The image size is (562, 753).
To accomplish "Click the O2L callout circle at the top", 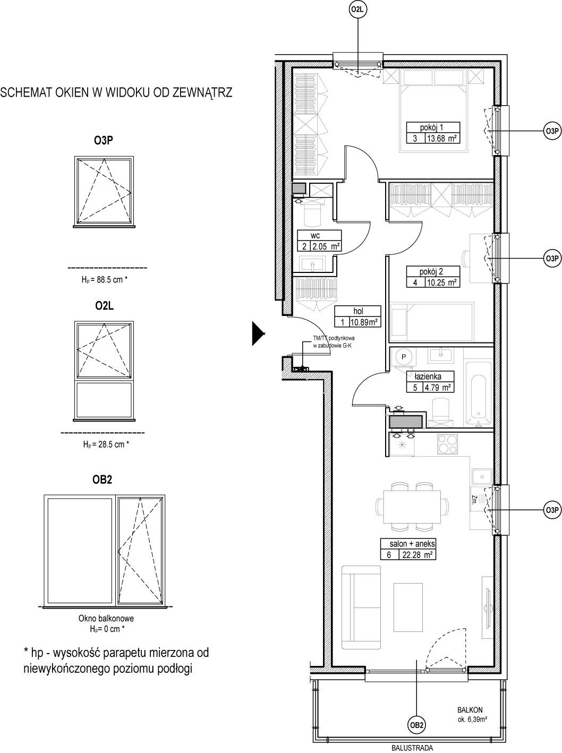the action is (x=358, y=10).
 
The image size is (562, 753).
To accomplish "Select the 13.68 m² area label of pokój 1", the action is (x=442, y=138).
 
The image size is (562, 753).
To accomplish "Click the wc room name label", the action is (x=315, y=236).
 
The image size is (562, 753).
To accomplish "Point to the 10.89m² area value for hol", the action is (x=365, y=322).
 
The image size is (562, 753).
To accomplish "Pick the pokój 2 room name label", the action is (x=431, y=271).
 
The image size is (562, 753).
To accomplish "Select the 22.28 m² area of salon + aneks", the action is (x=417, y=554).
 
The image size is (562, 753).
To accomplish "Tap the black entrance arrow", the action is (x=258, y=333).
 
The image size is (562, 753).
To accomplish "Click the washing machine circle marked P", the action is (x=404, y=357).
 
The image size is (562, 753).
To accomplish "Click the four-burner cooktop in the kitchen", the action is (x=448, y=444).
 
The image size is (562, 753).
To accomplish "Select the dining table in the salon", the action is (x=412, y=507).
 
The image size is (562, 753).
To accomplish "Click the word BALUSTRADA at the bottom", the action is (x=412, y=748).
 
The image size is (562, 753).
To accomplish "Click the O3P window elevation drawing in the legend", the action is (x=104, y=191).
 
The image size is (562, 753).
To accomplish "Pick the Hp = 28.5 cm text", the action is (x=106, y=444).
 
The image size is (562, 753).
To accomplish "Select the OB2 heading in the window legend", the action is (x=102, y=480).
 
